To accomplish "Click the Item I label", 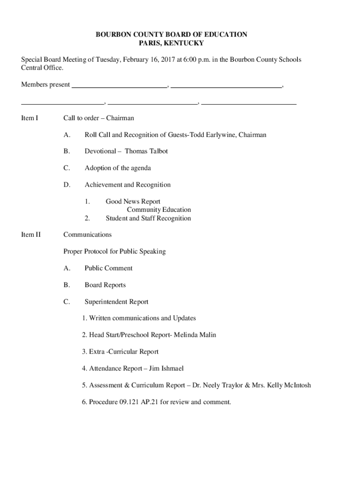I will tap(29, 118).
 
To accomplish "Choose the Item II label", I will tap(31, 234).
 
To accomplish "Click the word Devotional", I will tap(100, 151).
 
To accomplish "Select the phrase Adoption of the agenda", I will tap(118, 168).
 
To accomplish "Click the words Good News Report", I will tap(133, 202).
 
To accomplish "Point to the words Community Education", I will tap(159, 210).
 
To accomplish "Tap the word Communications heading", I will tap(87, 234).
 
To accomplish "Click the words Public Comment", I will tap(108, 268).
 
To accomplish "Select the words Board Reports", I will tap(105, 285).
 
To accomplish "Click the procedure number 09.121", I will tap(127, 402).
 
